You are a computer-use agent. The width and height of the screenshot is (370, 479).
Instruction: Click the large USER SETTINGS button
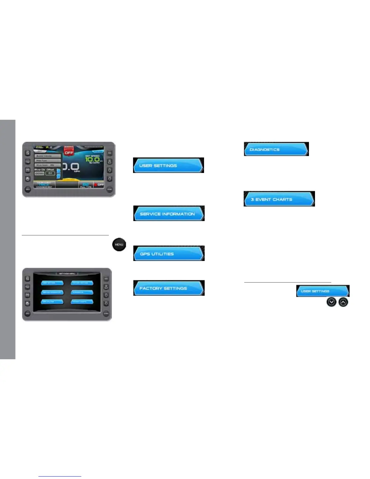pyautogui.click(x=168, y=165)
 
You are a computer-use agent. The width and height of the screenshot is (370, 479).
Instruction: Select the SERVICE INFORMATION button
pyautogui.click(x=169, y=213)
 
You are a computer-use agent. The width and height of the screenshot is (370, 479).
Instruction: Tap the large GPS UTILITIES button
pyautogui.click(x=169, y=253)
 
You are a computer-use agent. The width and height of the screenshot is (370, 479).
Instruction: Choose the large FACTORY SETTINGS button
pyautogui.click(x=169, y=288)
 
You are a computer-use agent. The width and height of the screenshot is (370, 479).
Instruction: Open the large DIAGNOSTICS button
pyautogui.click(x=276, y=149)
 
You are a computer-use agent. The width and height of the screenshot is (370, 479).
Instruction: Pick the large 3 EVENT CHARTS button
pyautogui.click(x=279, y=199)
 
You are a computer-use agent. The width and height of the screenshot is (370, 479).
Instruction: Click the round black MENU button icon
pyautogui.click(x=119, y=245)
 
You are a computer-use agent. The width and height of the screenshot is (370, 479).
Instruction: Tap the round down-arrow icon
pyautogui.click(x=332, y=302)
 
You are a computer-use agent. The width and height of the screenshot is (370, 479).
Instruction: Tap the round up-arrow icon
pyautogui.click(x=343, y=302)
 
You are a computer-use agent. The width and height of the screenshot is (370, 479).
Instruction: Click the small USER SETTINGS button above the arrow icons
pyautogui.click(x=323, y=291)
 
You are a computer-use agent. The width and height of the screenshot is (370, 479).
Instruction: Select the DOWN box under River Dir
pyautogui.click(x=40, y=173)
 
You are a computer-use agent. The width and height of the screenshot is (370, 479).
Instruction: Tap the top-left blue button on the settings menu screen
pyautogui.click(x=52, y=283)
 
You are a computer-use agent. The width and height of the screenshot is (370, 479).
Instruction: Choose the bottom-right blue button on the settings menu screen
pyautogui.click(x=82, y=301)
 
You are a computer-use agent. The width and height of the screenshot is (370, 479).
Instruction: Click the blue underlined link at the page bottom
pyautogui.click(x=60, y=476)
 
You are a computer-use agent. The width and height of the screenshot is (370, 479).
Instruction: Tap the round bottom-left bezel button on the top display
pyautogui.click(x=28, y=189)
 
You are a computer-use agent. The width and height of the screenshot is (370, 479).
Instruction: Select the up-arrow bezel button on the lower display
pyautogui.click(x=106, y=295)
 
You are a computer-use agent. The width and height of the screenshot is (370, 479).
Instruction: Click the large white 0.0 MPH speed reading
pyautogui.click(x=71, y=167)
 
